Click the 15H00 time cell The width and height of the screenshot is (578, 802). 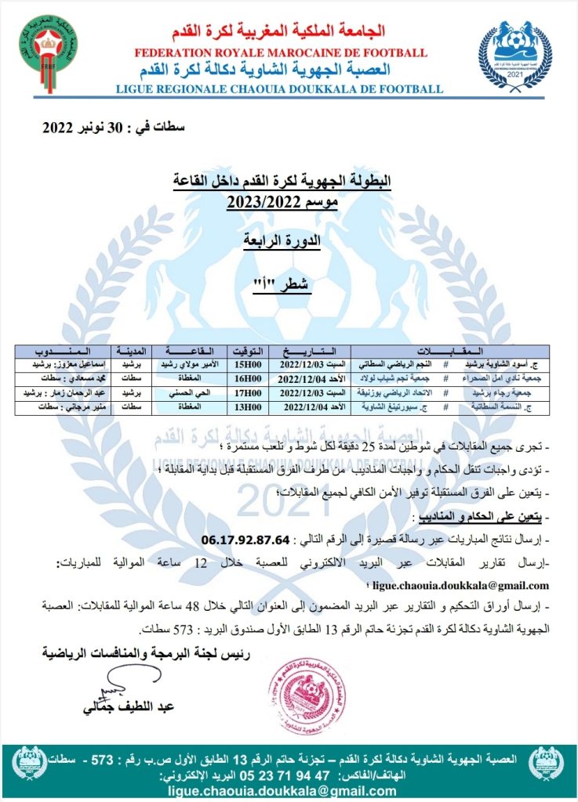point(248,365)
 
